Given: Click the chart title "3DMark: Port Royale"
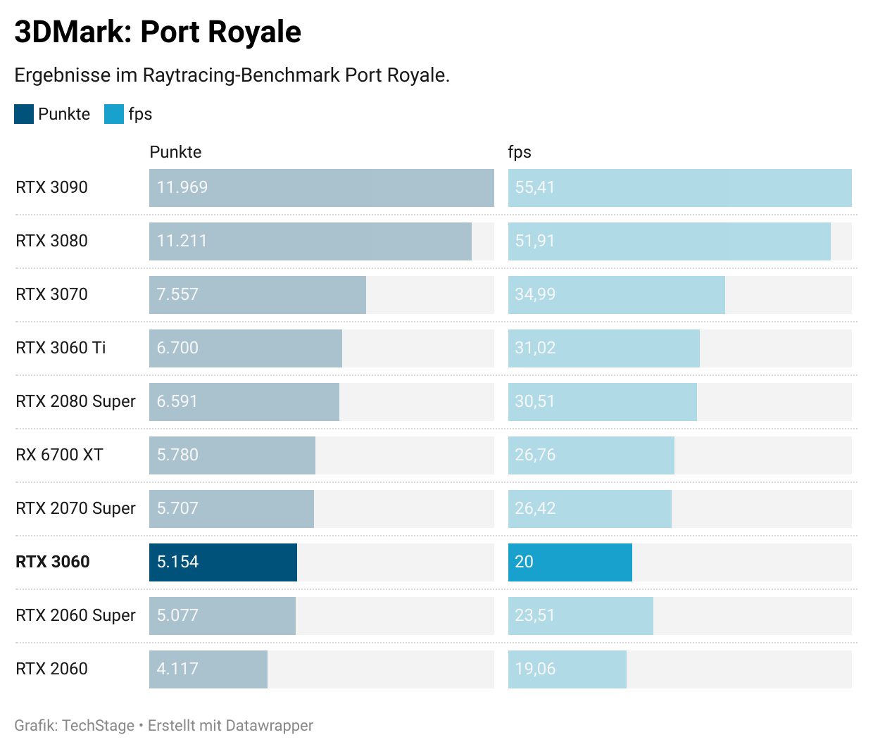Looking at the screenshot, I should coord(158,32).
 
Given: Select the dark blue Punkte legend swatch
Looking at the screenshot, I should coord(24,114).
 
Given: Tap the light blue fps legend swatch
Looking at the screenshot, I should coord(114,114).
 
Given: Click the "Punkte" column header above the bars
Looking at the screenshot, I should coord(175,152).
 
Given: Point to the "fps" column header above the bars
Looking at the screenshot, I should coord(520,152).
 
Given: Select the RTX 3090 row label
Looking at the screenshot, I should coord(51,187).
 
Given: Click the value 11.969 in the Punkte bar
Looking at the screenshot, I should coord(182,187).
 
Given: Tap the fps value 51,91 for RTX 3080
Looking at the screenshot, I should coord(535,241).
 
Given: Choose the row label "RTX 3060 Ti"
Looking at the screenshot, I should coord(61,348).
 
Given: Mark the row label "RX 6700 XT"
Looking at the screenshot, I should coord(59,455).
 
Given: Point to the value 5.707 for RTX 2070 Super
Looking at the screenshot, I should coord(177,508).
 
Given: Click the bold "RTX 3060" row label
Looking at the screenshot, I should coord(53,562).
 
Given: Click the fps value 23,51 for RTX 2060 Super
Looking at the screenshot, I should coord(535,615).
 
